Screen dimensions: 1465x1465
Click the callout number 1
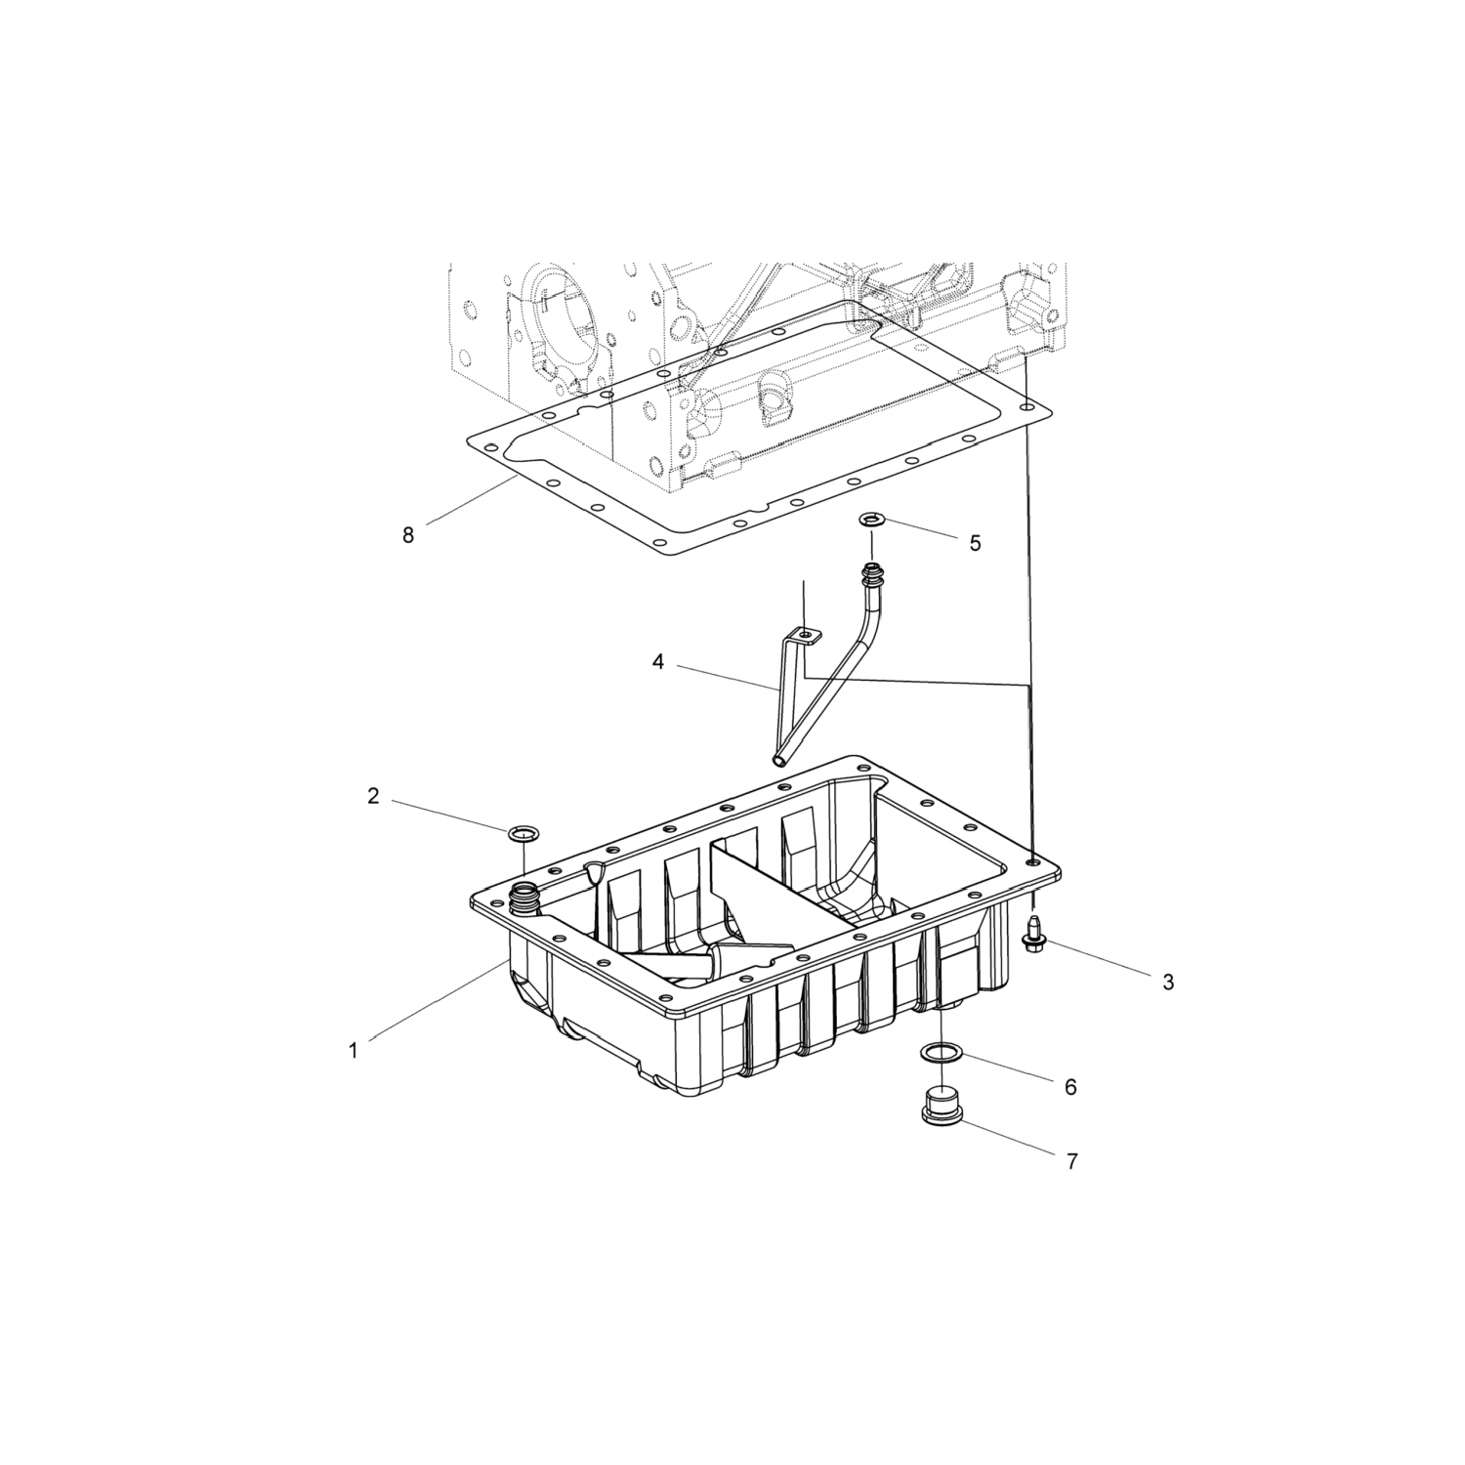353,1051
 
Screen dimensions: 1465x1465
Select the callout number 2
373,796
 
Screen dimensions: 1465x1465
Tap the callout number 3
1168,983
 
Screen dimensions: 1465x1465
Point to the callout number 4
658,662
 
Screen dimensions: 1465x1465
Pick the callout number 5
975,543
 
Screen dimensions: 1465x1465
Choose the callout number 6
1070,1087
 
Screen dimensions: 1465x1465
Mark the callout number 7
1071,1161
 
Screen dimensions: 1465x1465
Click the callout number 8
407,534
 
